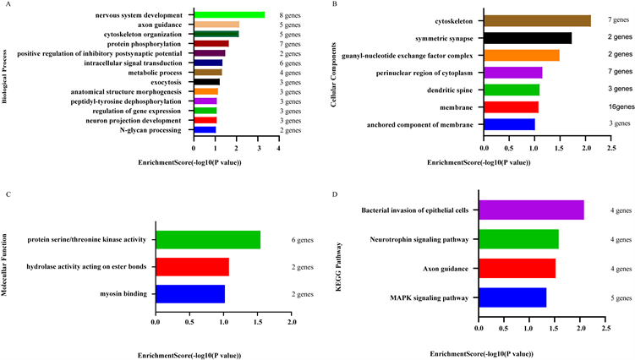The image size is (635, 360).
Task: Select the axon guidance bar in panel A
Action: (216, 25)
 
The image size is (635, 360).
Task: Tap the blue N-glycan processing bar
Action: (205, 129)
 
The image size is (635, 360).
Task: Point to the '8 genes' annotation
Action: (292, 15)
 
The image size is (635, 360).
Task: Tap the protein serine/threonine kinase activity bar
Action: (207, 240)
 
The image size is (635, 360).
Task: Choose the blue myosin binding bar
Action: (189, 293)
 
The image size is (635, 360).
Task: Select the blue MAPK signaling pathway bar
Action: (512, 297)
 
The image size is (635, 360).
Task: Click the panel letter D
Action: (337, 195)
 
